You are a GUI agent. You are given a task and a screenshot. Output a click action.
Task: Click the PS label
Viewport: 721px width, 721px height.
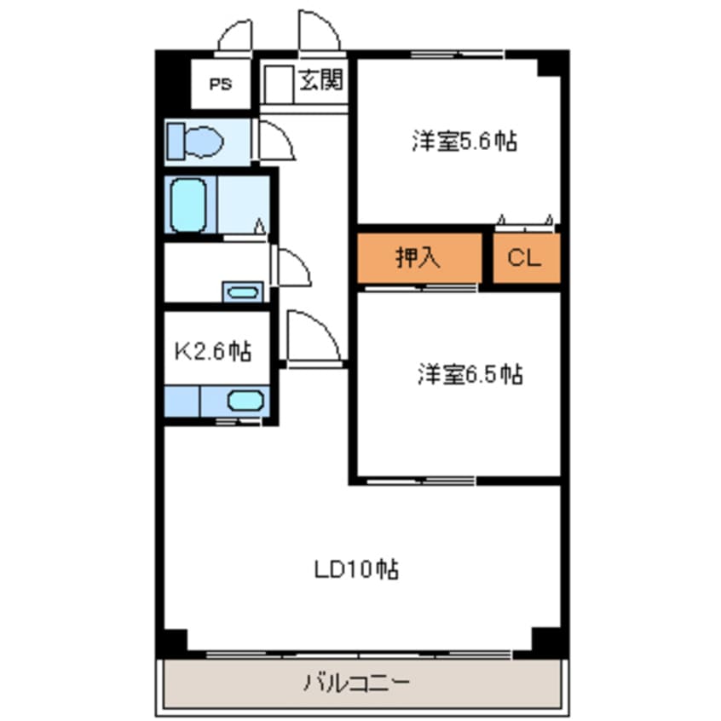[221, 84]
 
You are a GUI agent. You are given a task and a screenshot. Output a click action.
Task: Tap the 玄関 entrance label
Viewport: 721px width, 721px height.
[321, 79]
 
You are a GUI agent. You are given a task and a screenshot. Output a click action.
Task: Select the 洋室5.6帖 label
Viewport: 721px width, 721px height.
[464, 141]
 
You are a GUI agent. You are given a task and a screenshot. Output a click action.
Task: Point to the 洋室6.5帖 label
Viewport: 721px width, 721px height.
[470, 374]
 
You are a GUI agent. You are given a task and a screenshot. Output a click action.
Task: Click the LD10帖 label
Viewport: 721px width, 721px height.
[356, 569]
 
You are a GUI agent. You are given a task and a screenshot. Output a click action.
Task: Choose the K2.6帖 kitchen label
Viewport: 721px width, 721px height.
[213, 352]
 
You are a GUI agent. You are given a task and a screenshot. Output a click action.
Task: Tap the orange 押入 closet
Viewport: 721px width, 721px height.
[419, 258]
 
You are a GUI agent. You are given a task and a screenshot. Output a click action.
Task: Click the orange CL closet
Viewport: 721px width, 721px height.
[527, 258]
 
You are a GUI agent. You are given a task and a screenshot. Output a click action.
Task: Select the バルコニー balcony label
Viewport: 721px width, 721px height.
[356, 683]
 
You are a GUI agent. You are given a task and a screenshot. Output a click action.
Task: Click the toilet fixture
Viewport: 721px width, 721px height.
[195, 141]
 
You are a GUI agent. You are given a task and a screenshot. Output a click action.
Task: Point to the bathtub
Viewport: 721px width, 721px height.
[188, 205]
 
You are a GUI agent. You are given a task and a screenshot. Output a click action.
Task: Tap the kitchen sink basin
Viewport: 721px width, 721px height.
[245, 401]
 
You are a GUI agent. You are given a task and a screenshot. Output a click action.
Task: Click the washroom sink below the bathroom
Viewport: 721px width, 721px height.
[243, 292]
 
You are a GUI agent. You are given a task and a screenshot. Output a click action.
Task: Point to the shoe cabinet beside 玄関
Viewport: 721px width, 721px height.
[277, 84]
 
